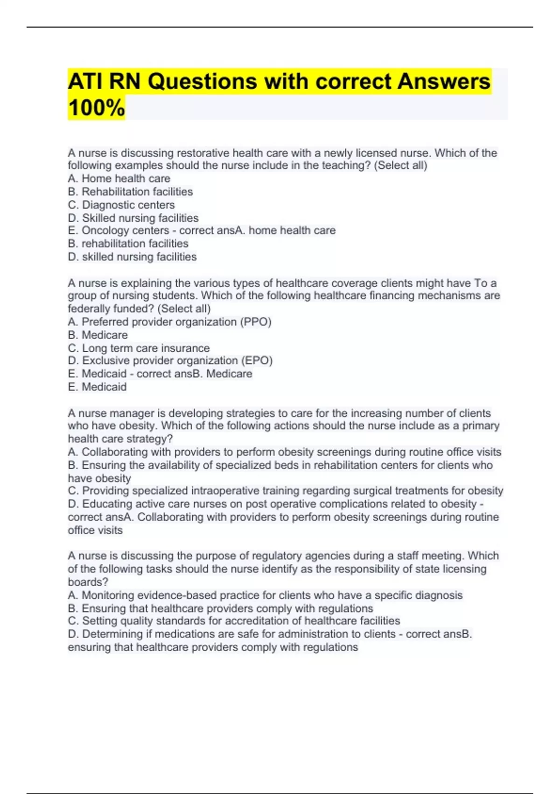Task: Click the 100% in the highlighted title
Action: point(97,107)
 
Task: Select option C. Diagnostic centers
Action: point(121,205)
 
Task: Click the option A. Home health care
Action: point(119,178)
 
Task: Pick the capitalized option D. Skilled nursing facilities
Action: point(133,218)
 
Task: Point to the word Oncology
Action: point(102,230)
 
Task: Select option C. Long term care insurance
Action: point(139,348)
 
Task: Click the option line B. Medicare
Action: point(98,335)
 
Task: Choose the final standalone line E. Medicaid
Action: point(97,387)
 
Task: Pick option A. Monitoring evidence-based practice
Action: point(265,595)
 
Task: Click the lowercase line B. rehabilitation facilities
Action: point(128,243)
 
